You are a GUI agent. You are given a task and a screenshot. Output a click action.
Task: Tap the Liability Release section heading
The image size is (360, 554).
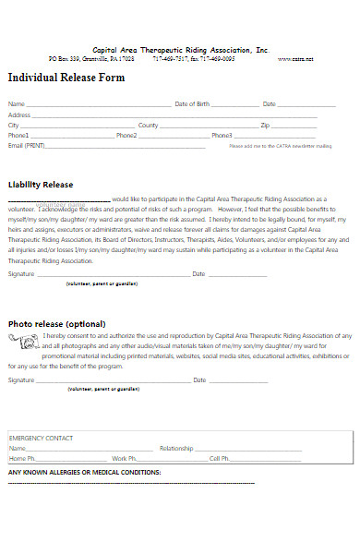pos(42,183)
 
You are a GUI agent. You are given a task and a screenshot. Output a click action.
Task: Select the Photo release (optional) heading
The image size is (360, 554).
pos(56,323)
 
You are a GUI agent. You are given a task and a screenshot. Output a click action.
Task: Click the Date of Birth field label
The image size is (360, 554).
pos(192,104)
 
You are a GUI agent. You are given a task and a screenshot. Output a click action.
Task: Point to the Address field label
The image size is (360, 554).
pos(19,114)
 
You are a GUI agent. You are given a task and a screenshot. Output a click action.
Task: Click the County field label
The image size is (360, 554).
pos(148,125)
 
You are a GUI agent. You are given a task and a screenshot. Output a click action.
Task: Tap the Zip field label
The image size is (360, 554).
pos(265,125)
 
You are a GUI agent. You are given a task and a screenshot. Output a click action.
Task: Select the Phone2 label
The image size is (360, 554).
pos(126,135)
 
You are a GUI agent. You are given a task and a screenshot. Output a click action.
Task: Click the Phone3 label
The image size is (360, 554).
pos(222,135)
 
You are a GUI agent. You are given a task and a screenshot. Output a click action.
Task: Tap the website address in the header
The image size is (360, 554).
pos(295,58)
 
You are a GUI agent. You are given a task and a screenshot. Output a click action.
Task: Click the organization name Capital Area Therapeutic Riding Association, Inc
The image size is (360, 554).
pos(180,49)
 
